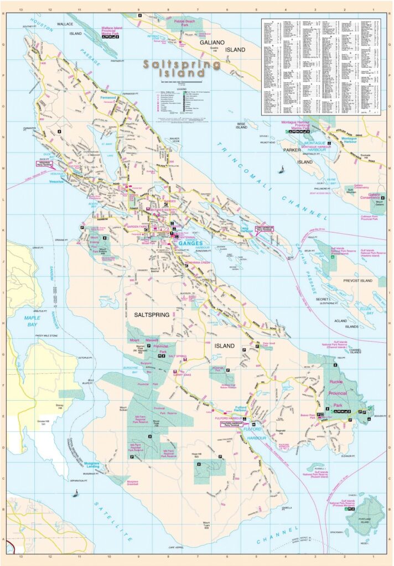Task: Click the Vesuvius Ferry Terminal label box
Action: coord(45,164)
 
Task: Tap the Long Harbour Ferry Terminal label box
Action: coord(265,228)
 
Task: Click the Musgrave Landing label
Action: coord(94,465)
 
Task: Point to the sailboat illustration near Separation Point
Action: coord(75,493)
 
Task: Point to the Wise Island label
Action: coord(241,126)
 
